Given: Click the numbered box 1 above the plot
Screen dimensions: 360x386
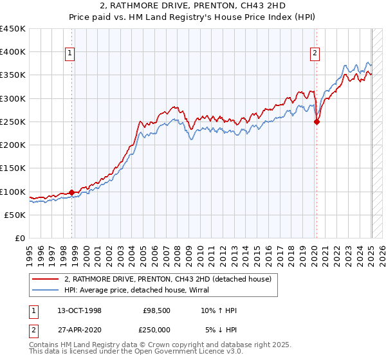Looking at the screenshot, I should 69,54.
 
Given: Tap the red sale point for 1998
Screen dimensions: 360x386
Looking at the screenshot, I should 71,192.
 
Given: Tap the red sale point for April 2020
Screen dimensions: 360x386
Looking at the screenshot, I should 317,122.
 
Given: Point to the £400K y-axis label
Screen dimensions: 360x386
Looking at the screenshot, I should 13,52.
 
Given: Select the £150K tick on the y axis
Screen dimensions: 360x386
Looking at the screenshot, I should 13,168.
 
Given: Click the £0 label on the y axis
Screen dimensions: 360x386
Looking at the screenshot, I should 20,239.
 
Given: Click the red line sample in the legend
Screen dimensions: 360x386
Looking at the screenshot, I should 46,279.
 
